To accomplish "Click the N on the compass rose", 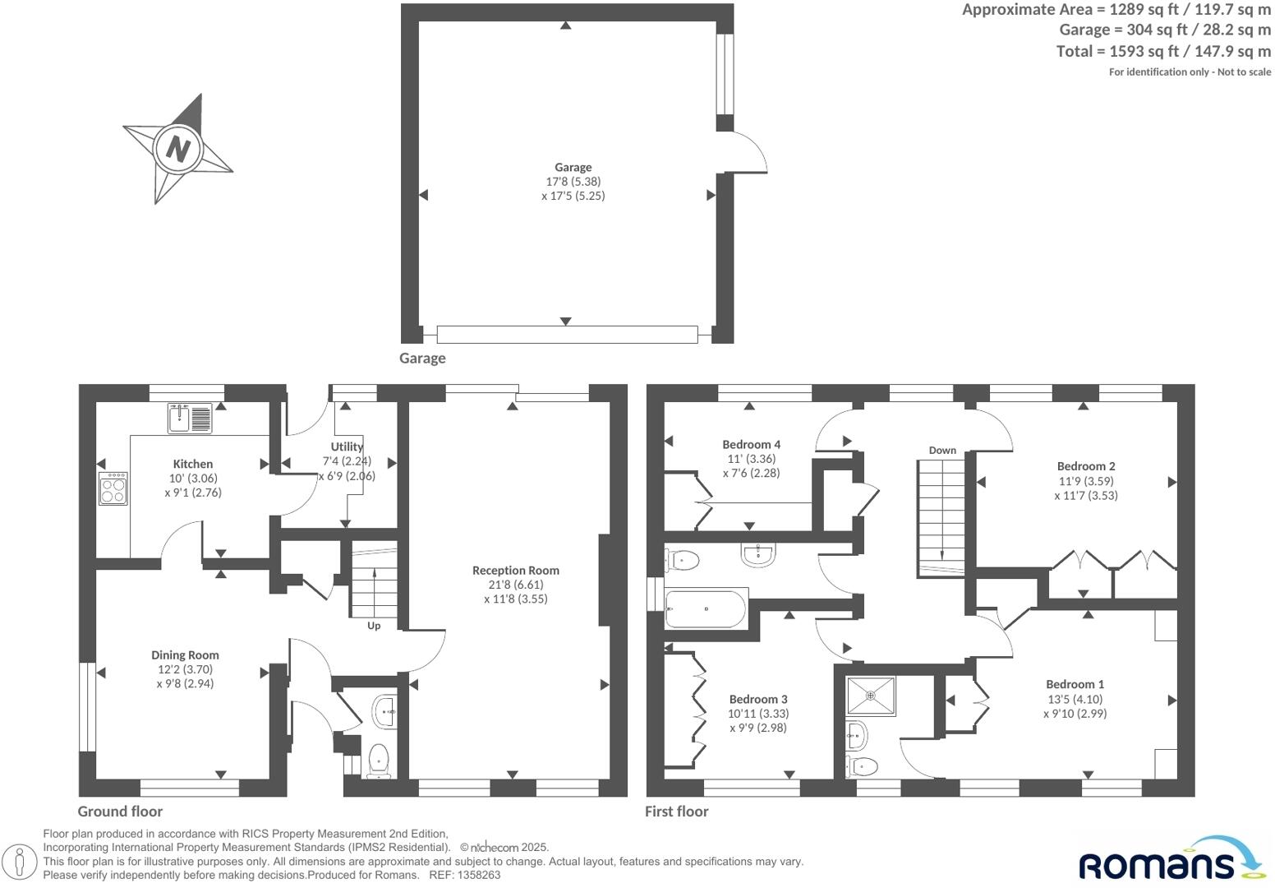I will tap(177, 149).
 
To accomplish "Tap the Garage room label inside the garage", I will tap(573, 167).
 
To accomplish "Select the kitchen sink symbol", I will tap(190, 418).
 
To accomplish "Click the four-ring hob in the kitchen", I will tap(113, 488).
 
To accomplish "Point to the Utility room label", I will tap(347, 446).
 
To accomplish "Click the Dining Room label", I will tap(185, 654).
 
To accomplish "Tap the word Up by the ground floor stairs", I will tap(374, 626).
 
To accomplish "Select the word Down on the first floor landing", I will tap(942, 450).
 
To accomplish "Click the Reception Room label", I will tap(515, 570).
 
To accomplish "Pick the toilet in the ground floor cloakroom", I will tap(378, 761).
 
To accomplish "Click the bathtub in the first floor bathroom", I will tap(705, 609).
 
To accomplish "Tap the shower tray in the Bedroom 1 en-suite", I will tap(871, 696).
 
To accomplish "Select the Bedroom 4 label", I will tap(751, 444).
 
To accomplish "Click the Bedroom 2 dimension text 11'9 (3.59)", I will tap(1085, 481).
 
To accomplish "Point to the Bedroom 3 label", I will tap(757, 699).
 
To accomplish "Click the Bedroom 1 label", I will tap(1075, 684).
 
